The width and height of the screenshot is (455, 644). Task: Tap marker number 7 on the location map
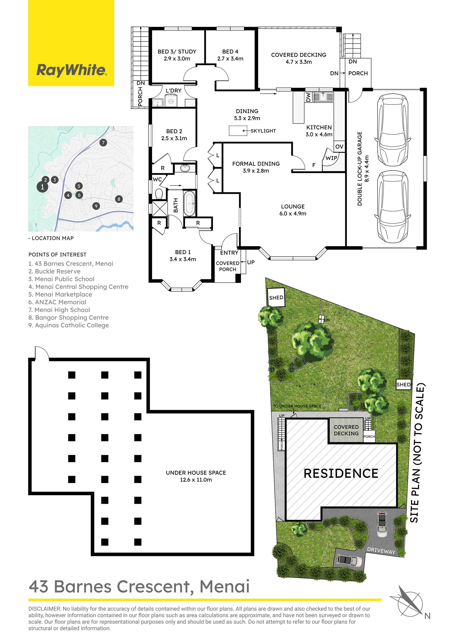[x=103, y=143]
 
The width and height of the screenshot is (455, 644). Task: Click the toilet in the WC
[x=159, y=194]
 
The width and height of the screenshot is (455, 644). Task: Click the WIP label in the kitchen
[x=331, y=158]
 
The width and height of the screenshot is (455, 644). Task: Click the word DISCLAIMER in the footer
[x=44, y=609]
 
